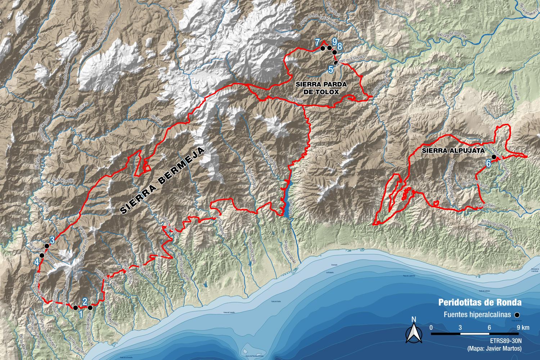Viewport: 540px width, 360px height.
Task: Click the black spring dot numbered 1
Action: tap(75, 307)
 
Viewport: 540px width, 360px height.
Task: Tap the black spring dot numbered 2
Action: tap(90, 308)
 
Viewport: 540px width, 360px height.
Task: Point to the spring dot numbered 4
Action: tap(42, 255)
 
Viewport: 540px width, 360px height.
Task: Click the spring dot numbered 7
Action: tap(323, 48)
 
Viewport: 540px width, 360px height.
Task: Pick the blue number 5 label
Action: tap(331, 69)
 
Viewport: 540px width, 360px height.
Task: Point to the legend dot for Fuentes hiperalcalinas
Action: tap(517, 315)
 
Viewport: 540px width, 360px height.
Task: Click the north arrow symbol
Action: tap(414, 332)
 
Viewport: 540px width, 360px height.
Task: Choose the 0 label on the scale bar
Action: tap(431, 328)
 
